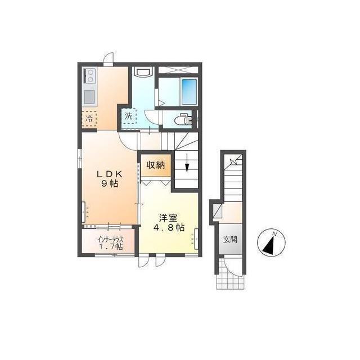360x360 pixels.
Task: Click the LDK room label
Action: tap(109, 174)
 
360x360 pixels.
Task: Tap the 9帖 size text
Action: tap(110, 184)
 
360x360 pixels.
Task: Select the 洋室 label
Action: tap(169, 218)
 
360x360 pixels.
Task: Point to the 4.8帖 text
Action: tap(169, 227)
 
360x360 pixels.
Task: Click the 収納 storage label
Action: tap(156, 165)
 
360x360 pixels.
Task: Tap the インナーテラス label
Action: tap(110, 240)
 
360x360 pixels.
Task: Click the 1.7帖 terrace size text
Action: tap(111, 247)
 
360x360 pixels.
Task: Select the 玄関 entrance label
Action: tap(230, 240)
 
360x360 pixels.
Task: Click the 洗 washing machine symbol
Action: tap(129, 116)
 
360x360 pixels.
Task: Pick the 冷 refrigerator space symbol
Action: tap(89, 119)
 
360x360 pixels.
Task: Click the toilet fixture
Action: tap(182, 119)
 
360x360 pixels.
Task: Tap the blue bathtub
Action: tap(189, 92)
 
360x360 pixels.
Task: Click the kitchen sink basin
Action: tap(89, 97)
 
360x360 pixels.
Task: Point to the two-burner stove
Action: tap(89, 75)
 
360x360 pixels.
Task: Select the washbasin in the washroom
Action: tap(143, 71)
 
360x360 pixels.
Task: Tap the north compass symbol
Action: tap(271, 242)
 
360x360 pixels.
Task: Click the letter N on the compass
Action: tap(274, 234)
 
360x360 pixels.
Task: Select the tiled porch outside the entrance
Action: tap(230, 274)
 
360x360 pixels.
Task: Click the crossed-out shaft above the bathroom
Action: tap(178, 70)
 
